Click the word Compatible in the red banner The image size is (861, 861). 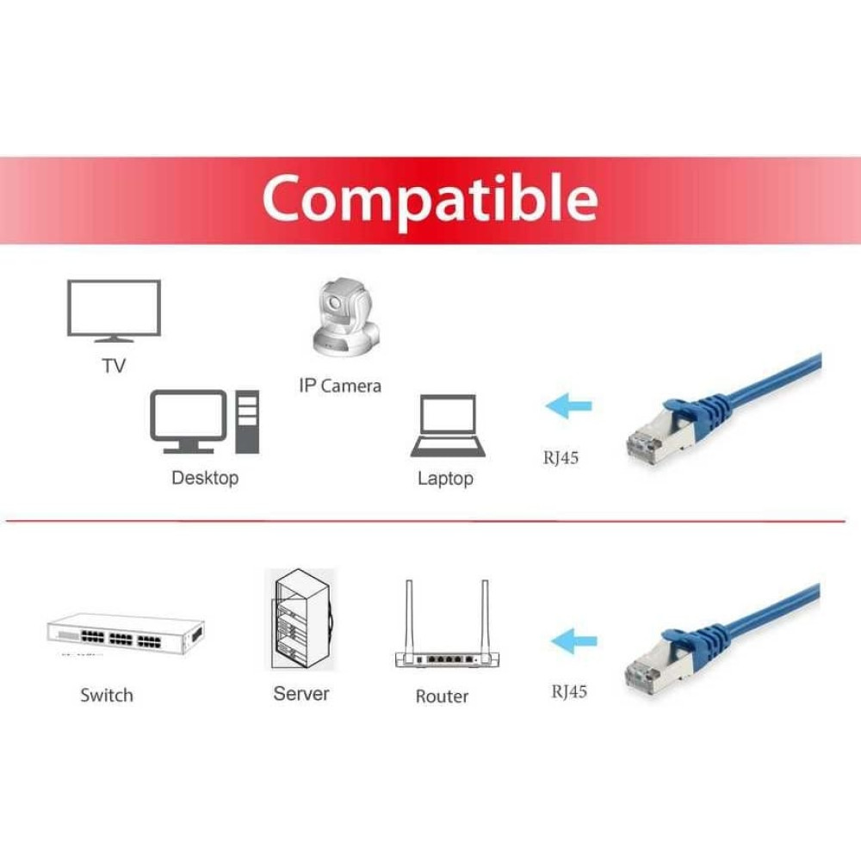(x=430, y=198)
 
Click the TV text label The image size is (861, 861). (x=114, y=366)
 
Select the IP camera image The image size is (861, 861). (x=346, y=318)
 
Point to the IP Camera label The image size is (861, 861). (x=340, y=386)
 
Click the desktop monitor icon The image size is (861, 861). (x=189, y=421)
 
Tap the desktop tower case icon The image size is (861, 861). (x=247, y=422)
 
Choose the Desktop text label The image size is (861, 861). (x=205, y=478)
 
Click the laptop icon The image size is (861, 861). (x=448, y=425)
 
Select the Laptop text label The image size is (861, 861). (x=445, y=478)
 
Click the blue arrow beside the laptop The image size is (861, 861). (x=569, y=406)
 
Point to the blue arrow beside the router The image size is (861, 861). (x=573, y=641)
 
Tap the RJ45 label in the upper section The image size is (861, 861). (x=561, y=457)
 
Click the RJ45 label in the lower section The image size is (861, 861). (x=569, y=691)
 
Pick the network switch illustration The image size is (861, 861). (x=126, y=635)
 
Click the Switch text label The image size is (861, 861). (x=107, y=695)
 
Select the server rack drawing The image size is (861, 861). (x=301, y=619)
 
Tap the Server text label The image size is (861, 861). (x=301, y=693)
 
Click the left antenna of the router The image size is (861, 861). (x=409, y=616)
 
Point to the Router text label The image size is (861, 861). (x=442, y=697)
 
